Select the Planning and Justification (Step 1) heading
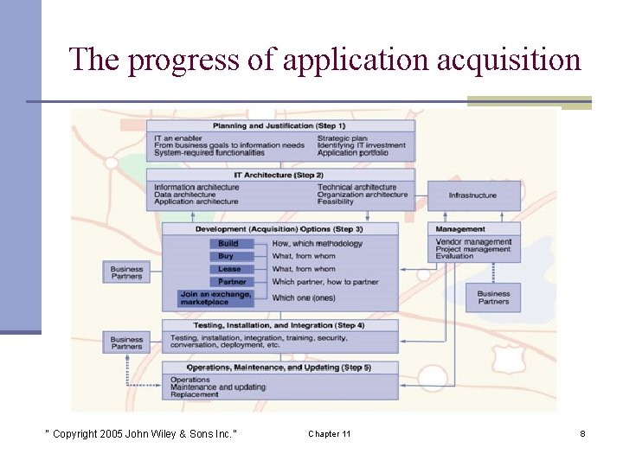279,125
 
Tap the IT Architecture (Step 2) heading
279,175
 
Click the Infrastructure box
472,195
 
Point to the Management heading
461,229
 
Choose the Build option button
228,244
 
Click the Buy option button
226,256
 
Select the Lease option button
229,269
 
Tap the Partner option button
232,282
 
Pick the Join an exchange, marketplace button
216,298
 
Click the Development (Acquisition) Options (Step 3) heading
279,229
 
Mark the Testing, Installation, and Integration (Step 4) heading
279,325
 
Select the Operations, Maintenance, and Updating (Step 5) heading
279,368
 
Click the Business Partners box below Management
493,297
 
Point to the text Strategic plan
343,138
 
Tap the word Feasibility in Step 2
336,202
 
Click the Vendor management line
474,242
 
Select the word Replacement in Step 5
196,394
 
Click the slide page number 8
582,433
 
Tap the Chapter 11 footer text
330,433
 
